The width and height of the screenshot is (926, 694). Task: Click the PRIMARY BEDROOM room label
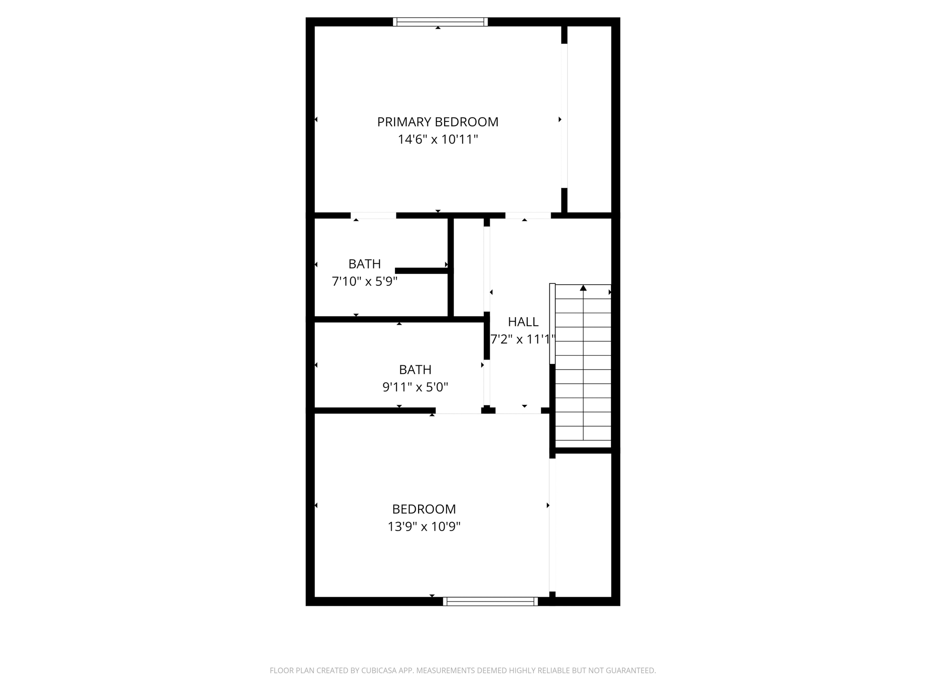coord(437,122)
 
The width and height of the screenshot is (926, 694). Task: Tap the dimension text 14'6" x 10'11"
coord(437,140)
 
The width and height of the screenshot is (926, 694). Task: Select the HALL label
coord(523,322)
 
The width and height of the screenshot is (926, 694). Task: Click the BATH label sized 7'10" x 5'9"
coord(365,264)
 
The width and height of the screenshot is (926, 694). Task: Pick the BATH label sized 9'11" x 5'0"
coord(415,370)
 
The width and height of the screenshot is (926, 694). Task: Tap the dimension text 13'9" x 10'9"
coord(424,527)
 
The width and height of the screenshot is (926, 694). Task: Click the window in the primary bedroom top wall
coord(440,22)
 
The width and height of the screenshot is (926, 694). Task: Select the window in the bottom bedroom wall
coord(490,601)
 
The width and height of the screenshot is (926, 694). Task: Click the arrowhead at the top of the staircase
coord(583,288)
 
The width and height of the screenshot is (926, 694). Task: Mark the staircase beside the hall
coord(583,366)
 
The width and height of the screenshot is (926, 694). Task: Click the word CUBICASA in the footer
coord(378,670)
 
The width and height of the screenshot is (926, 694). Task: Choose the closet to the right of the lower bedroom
coord(583,525)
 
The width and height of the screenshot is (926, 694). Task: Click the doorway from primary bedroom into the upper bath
coord(373,215)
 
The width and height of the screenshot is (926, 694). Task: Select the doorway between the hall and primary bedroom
coord(528,215)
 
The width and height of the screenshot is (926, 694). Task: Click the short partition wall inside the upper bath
coord(422,271)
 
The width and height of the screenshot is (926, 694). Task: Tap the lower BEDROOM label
coord(424,509)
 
